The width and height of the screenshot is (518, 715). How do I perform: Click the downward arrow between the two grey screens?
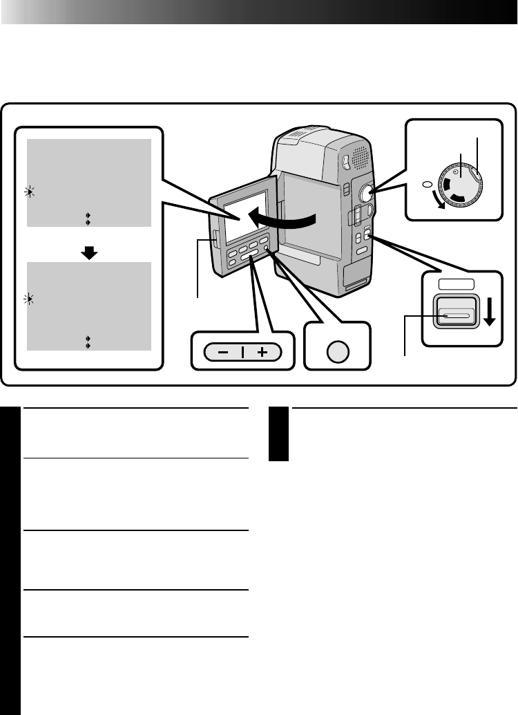[x=89, y=253]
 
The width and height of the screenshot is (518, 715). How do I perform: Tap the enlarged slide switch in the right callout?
[x=454, y=315]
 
